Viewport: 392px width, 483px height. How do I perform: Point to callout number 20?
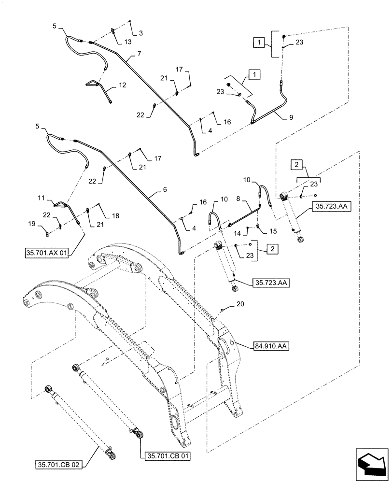tap(240, 304)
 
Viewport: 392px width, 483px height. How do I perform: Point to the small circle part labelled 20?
tap(222, 310)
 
